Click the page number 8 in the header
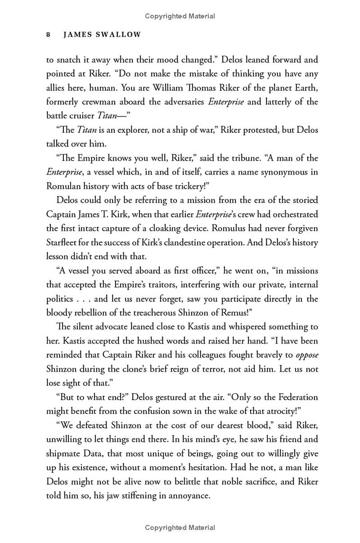click(48, 35)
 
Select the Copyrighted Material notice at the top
click(180, 16)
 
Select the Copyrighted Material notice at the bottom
click(180, 528)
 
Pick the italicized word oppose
click(307, 355)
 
